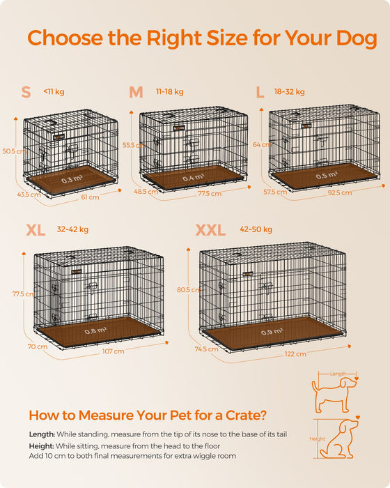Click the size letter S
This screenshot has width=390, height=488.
(x=26, y=93)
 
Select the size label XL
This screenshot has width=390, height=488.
(x=37, y=230)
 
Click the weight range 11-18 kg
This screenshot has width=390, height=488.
(x=169, y=91)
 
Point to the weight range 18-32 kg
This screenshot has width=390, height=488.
(x=289, y=91)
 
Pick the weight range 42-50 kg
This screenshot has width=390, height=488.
(x=256, y=229)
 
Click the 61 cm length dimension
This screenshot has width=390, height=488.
(x=90, y=197)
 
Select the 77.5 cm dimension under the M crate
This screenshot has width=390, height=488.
(x=209, y=193)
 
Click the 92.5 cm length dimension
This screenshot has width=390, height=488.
(x=339, y=192)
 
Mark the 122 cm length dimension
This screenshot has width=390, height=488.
(x=295, y=353)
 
